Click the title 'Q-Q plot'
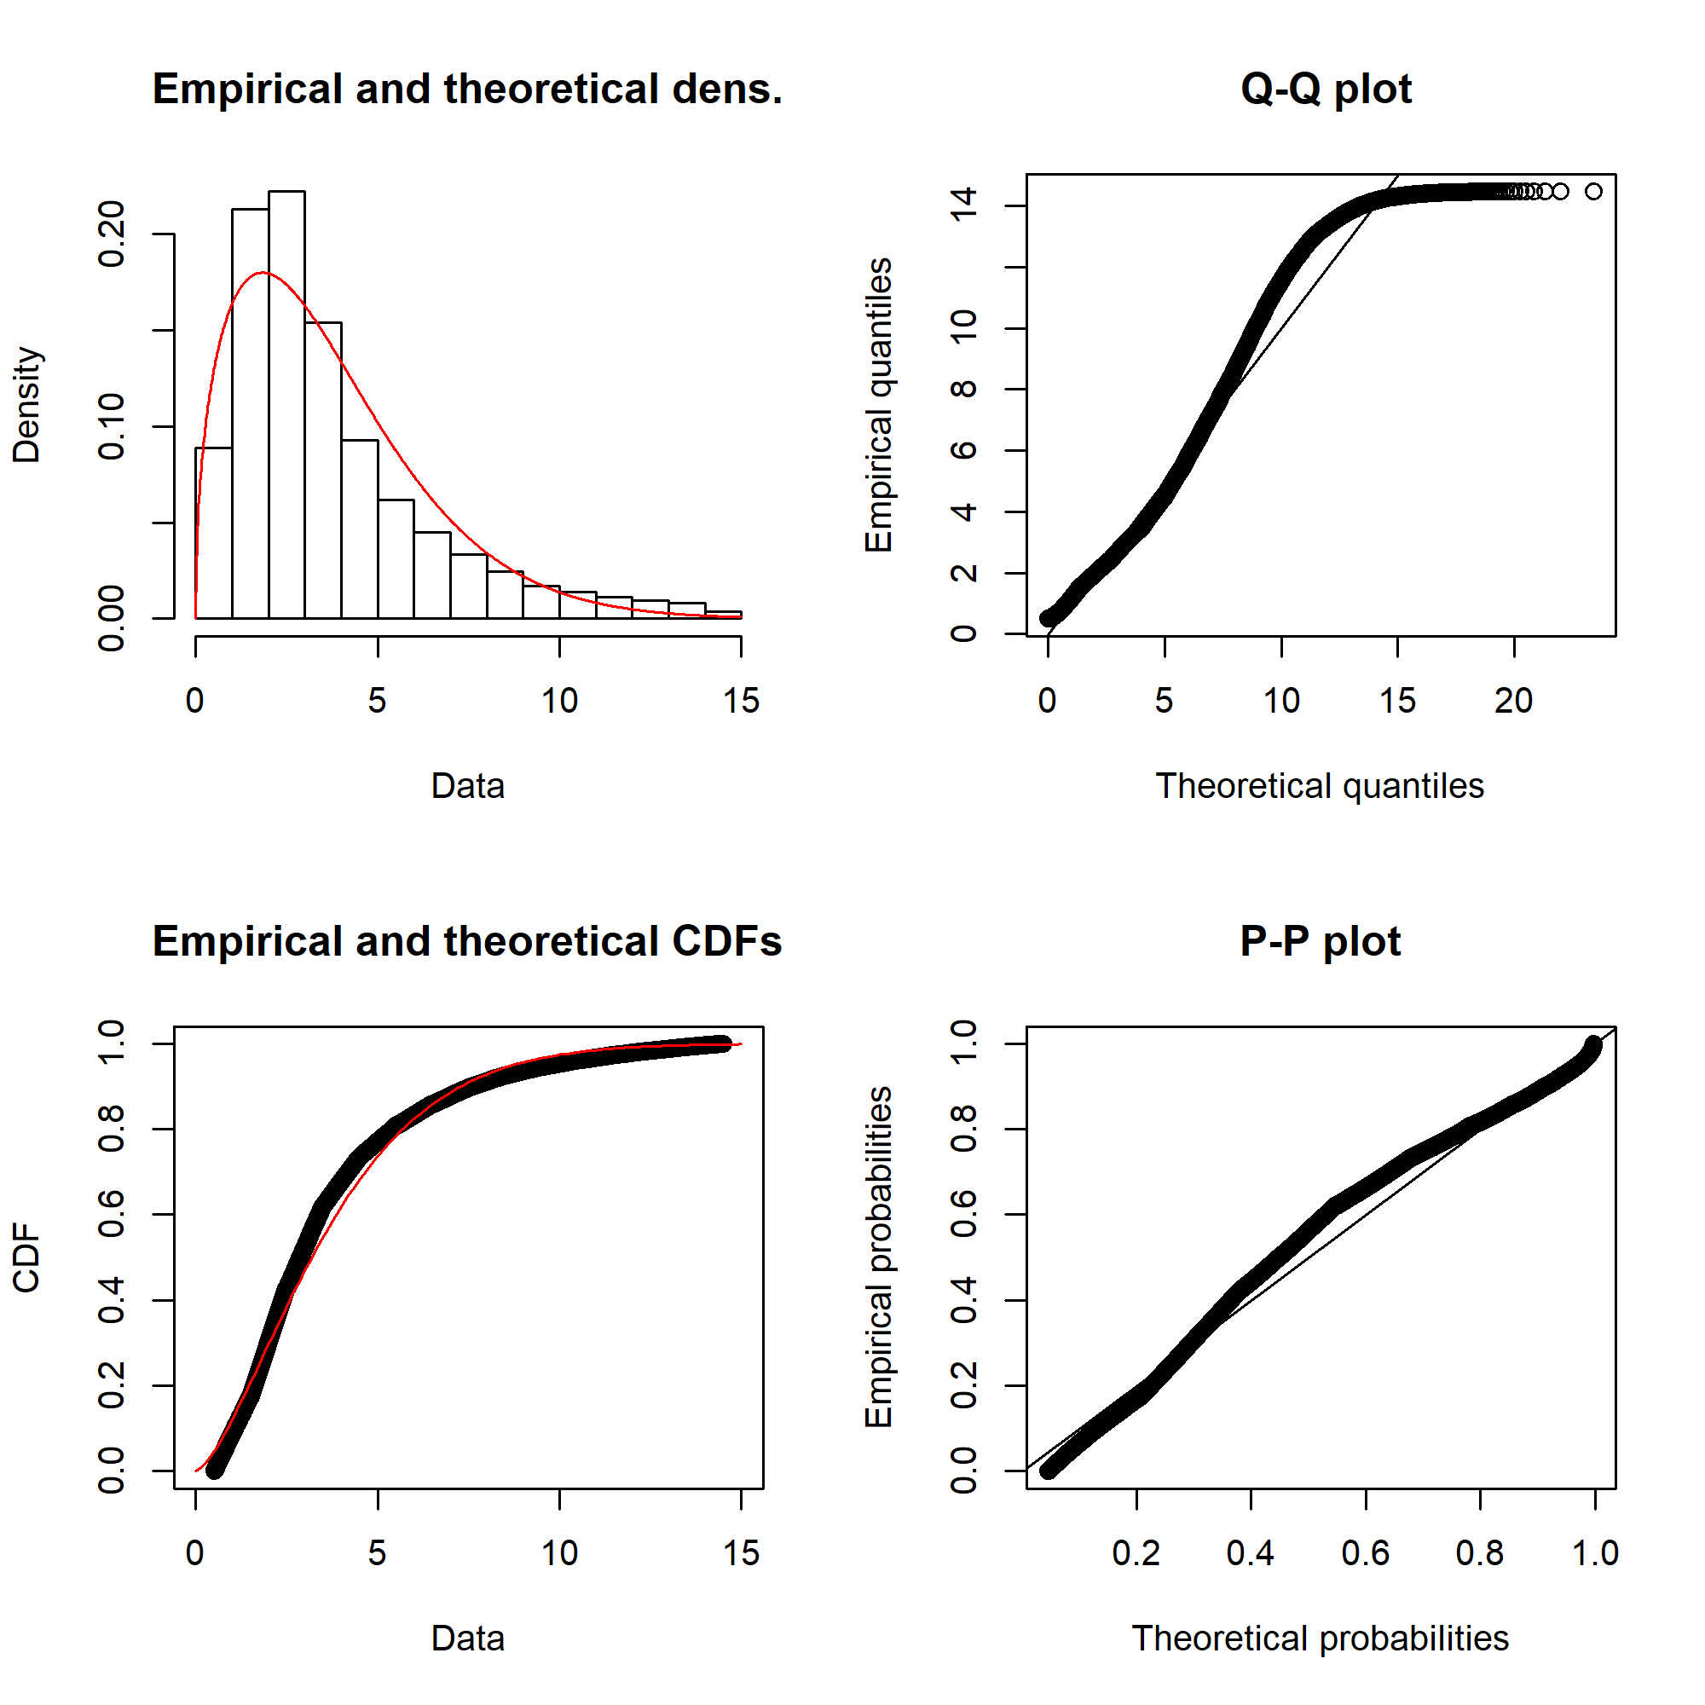pyautogui.click(x=1326, y=90)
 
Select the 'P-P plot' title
pyautogui.click(x=1321, y=942)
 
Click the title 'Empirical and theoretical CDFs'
pyautogui.click(x=467, y=942)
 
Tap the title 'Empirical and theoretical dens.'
pyautogui.click(x=467, y=90)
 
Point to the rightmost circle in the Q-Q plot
pyautogui.click(x=1593, y=192)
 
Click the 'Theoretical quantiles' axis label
pyautogui.click(x=1320, y=786)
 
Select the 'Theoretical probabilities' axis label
pyautogui.click(x=1320, y=1639)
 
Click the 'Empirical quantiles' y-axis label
pyautogui.click(x=879, y=405)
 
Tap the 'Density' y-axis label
pyautogui.click(x=26, y=405)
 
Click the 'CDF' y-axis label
pyautogui.click(x=26, y=1257)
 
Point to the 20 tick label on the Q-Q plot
pyautogui.click(x=1513, y=702)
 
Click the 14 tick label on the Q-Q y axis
pyautogui.click(x=963, y=205)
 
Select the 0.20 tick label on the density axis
pyautogui.click(x=112, y=234)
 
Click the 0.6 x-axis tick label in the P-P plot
pyautogui.click(x=1365, y=1554)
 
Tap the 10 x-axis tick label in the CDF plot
pyautogui.click(x=559, y=1554)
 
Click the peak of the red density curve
pyautogui.click(x=263, y=273)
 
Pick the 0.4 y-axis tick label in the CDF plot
pyautogui.click(x=112, y=1300)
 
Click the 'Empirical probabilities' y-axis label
pyautogui.click(x=879, y=1257)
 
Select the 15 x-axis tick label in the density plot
pyautogui.click(x=742, y=702)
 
